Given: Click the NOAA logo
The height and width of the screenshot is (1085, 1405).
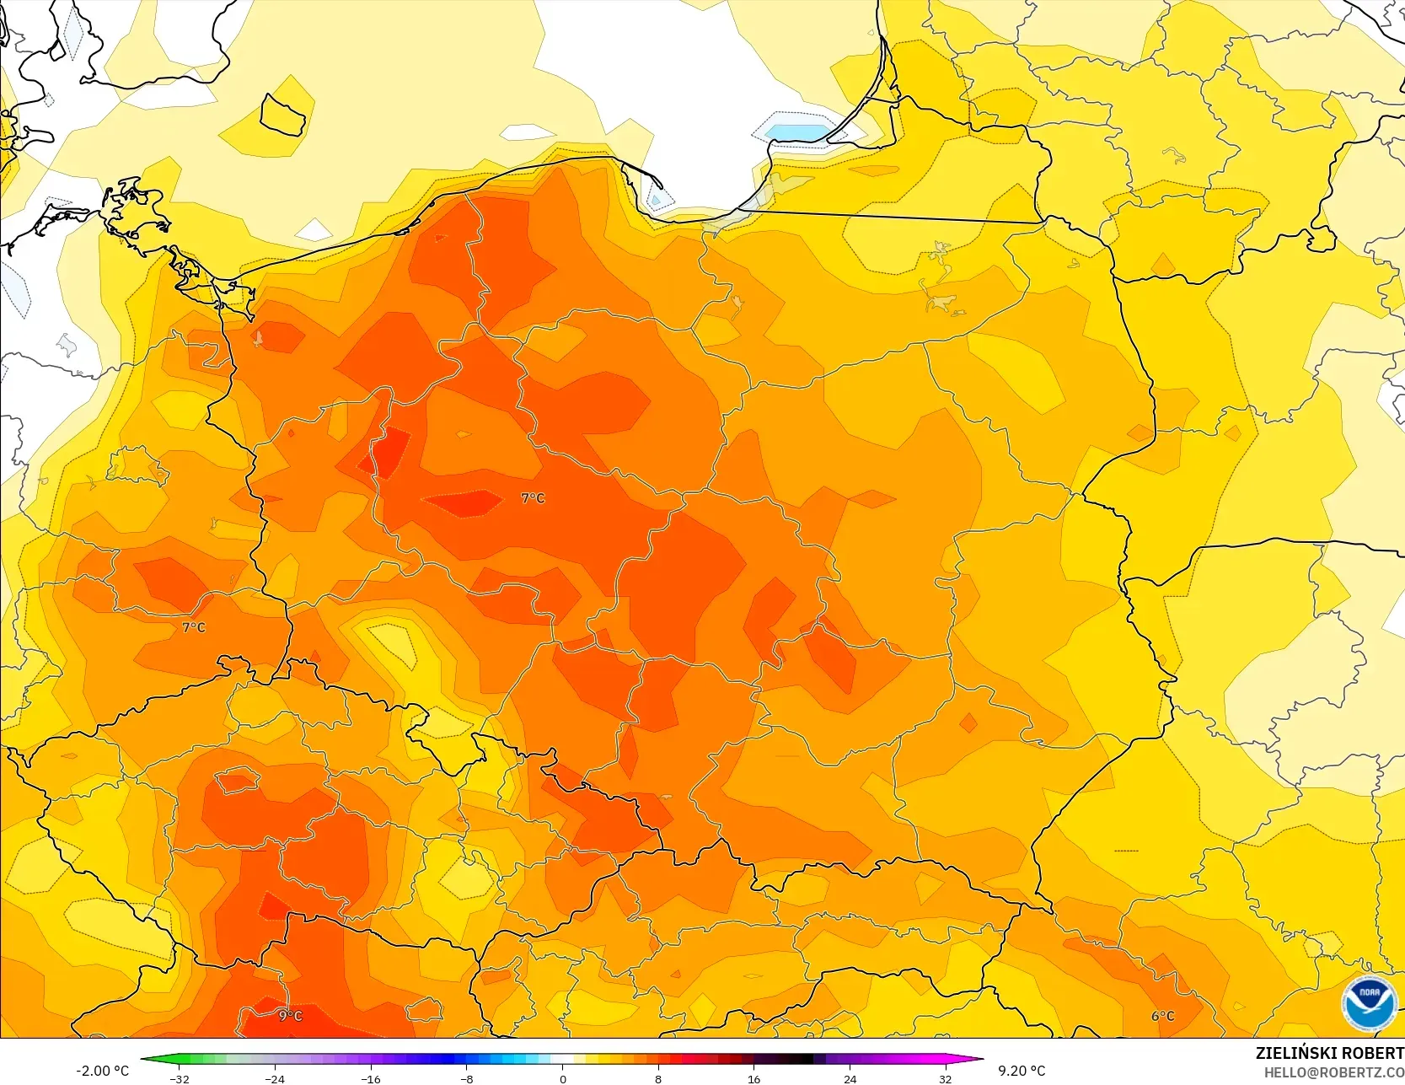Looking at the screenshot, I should (x=1370, y=1003).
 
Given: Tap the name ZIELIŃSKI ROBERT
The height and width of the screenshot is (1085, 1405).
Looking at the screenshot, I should (x=1329, y=1054).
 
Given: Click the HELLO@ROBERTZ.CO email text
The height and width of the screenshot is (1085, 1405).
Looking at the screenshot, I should (x=1333, y=1072).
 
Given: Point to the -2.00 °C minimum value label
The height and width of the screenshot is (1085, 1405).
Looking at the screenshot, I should (x=103, y=1071).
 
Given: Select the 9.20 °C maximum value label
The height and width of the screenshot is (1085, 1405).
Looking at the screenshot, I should (x=1022, y=1071).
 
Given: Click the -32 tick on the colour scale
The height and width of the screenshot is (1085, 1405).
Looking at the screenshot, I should (x=180, y=1078).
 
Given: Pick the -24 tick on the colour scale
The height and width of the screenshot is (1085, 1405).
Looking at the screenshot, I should (x=275, y=1078).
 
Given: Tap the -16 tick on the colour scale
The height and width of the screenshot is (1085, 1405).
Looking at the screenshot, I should (x=371, y=1078).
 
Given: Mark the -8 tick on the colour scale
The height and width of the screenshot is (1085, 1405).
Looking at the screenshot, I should (x=467, y=1078).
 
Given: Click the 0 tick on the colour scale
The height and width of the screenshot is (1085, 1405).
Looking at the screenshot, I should (x=563, y=1078).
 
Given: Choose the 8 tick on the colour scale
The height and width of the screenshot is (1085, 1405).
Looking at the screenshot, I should (x=658, y=1078).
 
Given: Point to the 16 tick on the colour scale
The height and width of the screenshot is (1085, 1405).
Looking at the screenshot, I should (x=754, y=1078).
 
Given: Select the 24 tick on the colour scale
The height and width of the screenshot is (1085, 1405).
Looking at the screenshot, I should (x=850, y=1078).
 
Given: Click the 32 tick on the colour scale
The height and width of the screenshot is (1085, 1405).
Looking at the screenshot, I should (x=946, y=1078).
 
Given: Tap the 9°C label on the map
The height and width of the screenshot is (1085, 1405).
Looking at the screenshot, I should (x=291, y=1016).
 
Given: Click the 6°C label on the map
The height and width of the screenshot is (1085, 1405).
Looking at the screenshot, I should (x=1163, y=1016).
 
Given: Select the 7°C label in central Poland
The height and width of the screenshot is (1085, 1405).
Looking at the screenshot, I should (x=534, y=498).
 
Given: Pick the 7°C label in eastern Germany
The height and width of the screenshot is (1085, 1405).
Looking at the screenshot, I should (x=194, y=627).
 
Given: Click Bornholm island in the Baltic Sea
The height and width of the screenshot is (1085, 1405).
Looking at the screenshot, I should (x=282, y=115).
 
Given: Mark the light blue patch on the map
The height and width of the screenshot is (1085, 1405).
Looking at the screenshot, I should (x=796, y=133).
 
